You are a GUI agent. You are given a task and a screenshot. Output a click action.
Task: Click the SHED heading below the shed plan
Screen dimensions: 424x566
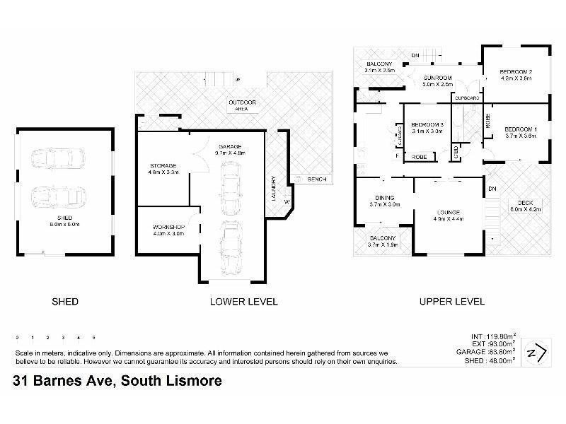(x=65, y=302)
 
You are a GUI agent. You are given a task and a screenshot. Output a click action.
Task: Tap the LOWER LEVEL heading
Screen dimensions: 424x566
(x=244, y=302)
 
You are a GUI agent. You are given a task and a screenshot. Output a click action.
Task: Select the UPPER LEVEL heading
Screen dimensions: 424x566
(x=452, y=302)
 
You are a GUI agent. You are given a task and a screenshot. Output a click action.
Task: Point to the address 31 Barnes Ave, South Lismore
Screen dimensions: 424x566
(x=118, y=381)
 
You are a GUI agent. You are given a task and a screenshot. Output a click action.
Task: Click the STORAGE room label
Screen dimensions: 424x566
(x=162, y=165)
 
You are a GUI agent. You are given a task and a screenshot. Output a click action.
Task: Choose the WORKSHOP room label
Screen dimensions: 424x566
(x=168, y=227)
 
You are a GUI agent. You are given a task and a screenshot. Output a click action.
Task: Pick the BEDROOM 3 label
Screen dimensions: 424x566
(x=427, y=124)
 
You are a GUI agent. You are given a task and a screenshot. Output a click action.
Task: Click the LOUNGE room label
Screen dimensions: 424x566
(x=449, y=212)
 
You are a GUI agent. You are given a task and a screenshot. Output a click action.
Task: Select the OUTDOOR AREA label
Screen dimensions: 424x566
(x=242, y=103)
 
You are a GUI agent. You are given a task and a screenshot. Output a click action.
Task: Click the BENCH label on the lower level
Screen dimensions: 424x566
(x=316, y=179)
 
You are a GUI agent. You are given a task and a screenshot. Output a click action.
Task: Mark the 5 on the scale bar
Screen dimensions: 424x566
(x=93, y=337)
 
